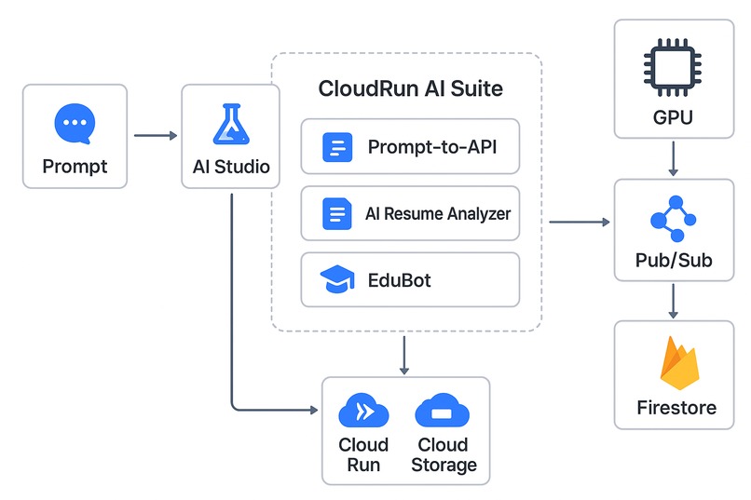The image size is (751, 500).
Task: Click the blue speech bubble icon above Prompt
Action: click(x=74, y=123)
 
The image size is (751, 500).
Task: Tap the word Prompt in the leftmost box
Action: click(x=75, y=167)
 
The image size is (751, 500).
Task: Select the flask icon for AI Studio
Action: click(x=230, y=124)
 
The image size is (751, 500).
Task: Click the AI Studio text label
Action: click(x=230, y=167)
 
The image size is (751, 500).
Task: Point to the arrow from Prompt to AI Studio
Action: click(x=155, y=136)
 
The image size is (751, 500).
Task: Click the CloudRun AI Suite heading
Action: click(x=410, y=89)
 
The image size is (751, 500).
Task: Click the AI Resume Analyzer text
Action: click(x=438, y=214)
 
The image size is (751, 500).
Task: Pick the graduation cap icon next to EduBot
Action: click(x=336, y=279)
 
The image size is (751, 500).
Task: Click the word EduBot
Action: click(x=399, y=279)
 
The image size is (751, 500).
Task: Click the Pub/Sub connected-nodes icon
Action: click(x=674, y=221)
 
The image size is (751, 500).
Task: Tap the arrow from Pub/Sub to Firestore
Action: click(x=674, y=301)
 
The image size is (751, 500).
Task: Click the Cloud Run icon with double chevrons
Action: click(x=363, y=412)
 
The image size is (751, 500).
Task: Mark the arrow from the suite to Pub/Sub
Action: click(x=578, y=222)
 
